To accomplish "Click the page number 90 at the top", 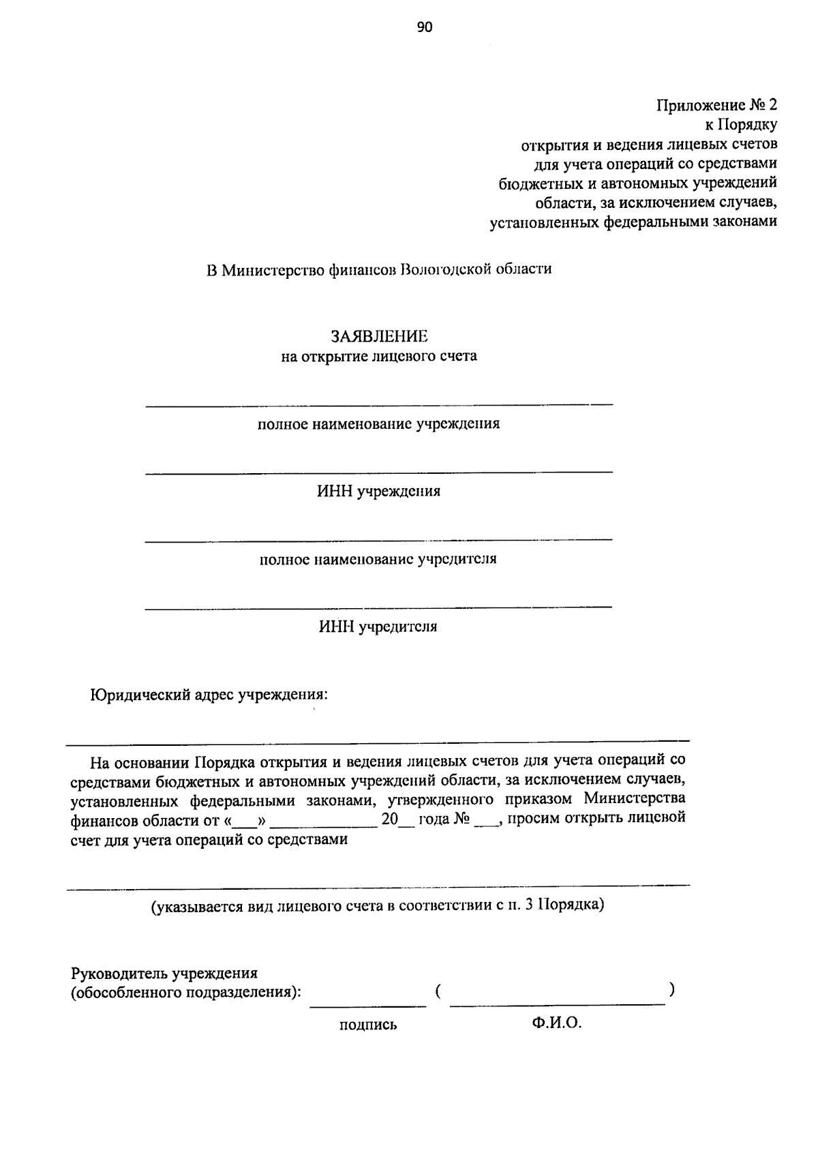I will click(425, 27).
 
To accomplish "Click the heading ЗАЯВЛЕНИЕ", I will click(379, 336).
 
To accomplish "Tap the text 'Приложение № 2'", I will click(716, 105).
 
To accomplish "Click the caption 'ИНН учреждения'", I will click(378, 492).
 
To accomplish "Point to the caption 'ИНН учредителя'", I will click(378, 627).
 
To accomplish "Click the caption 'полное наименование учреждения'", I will click(378, 424).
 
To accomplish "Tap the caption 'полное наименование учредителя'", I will click(378, 560).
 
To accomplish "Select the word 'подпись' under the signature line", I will click(368, 1025).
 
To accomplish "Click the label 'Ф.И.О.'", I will click(557, 1023).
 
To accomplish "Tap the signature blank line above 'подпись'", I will click(368, 1005).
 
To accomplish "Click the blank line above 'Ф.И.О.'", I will click(557, 1003).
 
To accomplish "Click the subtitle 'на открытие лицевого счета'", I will click(379, 356).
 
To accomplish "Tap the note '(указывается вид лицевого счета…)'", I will click(377, 906).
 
